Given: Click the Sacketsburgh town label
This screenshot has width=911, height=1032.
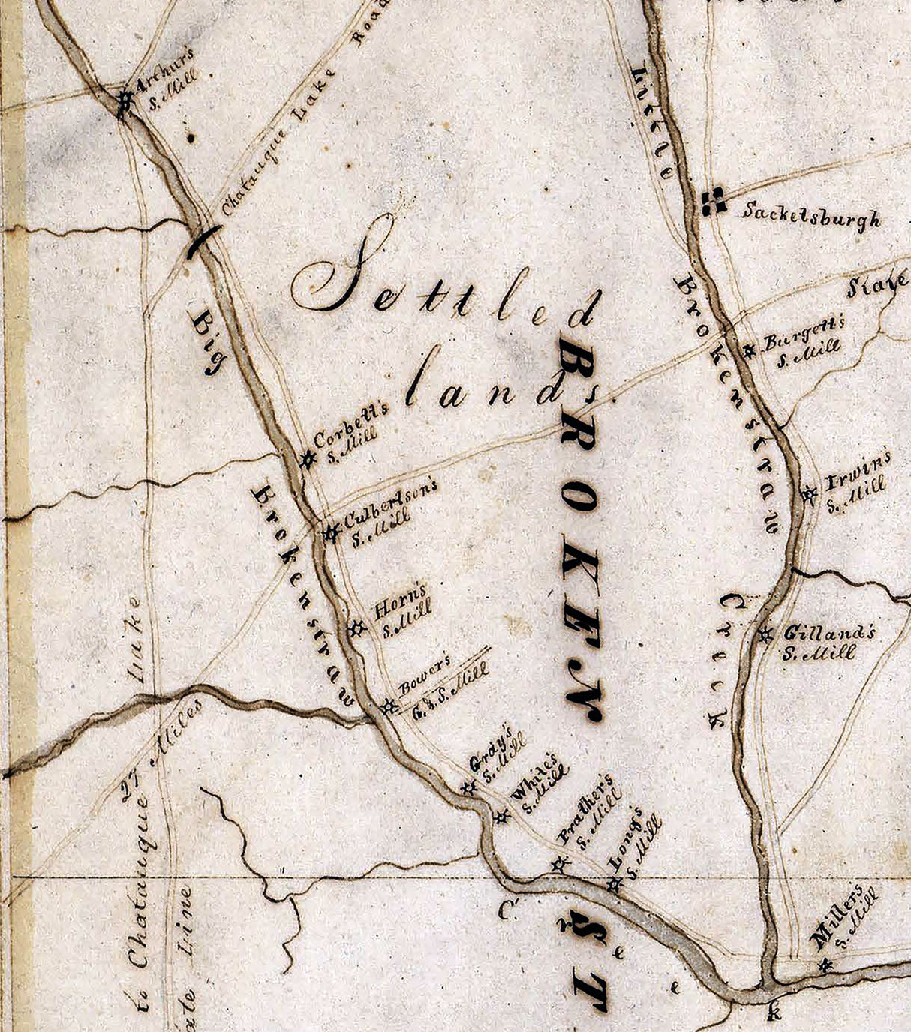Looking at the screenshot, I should click(810, 216).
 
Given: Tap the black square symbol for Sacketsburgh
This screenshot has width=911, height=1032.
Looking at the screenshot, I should click(712, 200).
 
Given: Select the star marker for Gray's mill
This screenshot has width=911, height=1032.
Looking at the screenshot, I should click(468, 787).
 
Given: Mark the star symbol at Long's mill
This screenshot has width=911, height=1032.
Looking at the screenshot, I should click(615, 885).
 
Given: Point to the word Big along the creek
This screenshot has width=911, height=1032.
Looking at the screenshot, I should click(206, 342).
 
